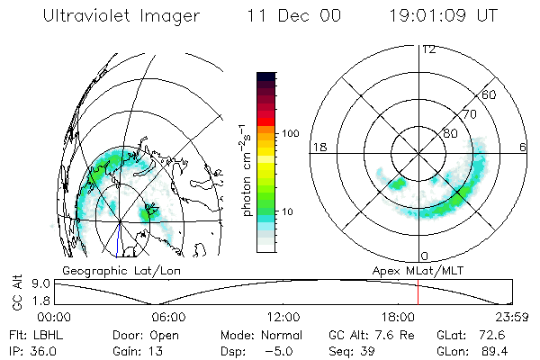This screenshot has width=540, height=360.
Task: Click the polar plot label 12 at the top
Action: [427, 49]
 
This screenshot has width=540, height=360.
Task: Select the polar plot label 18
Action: [318, 147]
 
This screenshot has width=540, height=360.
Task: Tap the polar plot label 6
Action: [524, 147]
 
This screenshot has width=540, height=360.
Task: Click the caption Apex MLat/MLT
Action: [417, 269]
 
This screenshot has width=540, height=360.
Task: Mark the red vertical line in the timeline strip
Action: [418, 292]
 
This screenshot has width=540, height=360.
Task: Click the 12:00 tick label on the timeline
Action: [283, 317]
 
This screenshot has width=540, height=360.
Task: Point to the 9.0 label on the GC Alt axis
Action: [29, 283]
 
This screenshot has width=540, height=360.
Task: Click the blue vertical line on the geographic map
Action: [119, 238]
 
